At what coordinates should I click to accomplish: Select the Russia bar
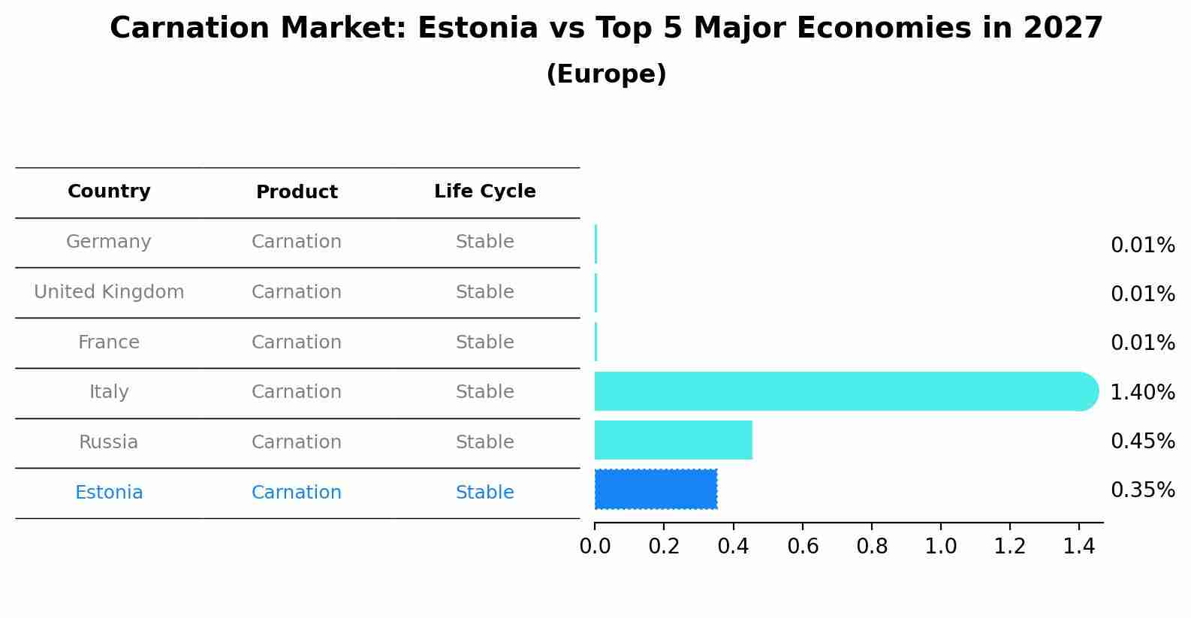click(x=673, y=440)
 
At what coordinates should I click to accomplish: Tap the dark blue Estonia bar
click(x=656, y=489)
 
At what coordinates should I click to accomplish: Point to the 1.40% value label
click(x=1142, y=392)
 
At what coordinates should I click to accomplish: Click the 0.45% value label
click(x=1142, y=441)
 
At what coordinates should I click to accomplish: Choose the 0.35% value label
click(x=1142, y=490)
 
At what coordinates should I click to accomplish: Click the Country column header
click(x=109, y=191)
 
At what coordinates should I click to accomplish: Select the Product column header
click(x=297, y=192)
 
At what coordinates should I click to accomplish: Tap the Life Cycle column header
click(x=484, y=191)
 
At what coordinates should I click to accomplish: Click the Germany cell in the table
click(x=109, y=242)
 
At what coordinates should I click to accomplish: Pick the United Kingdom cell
click(x=109, y=292)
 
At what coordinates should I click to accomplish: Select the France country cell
click(x=109, y=342)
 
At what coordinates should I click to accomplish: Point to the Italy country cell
click(x=109, y=392)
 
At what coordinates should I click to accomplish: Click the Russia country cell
click(x=109, y=442)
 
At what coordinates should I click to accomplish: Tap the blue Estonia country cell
click(x=109, y=493)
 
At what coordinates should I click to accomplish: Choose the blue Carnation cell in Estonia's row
click(x=297, y=493)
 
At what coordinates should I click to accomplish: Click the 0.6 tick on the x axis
click(x=803, y=547)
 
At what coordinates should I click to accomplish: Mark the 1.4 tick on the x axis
click(x=1079, y=547)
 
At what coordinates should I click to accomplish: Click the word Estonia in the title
click(x=478, y=29)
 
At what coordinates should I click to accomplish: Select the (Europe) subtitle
click(x=606, y=74)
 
